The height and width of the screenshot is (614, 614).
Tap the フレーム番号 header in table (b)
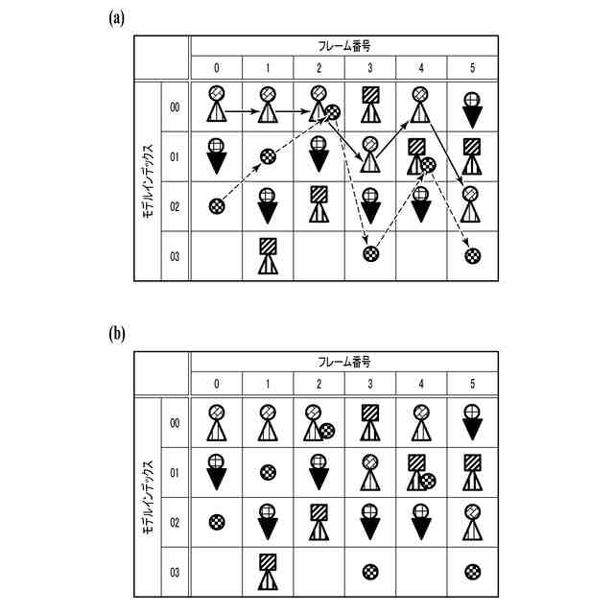(344, 362)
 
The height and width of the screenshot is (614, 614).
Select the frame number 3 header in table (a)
(370, 69)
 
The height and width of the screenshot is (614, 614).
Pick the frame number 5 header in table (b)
(472, 384)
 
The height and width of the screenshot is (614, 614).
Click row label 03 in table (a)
(175, 256)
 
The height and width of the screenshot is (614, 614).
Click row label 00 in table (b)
(175, 422)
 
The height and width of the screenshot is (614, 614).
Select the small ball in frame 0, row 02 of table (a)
(217, 204)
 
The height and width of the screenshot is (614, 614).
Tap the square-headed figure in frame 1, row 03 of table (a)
(268, 256)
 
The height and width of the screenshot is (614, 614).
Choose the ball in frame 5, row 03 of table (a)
(473, 255)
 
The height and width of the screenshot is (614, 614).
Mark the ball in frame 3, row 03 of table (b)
(371, 572)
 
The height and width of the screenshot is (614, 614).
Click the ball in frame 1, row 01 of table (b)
(269, 472)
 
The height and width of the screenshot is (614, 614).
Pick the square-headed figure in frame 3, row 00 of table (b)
(370, 422)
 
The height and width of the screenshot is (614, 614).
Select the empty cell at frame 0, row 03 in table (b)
(217, 572)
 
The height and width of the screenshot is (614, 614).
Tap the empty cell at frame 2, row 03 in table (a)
(319, 256)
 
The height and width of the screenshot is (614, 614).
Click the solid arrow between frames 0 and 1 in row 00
(242, 112)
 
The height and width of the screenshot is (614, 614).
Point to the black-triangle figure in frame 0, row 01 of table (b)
(217, 472)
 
